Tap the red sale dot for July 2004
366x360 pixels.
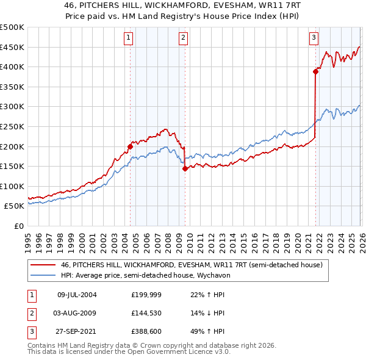click(x=130, y=146)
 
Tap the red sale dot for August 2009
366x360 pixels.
click(x=184, y=169)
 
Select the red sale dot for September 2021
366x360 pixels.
click(x=315, y=71)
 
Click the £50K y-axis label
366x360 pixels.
click(x=15, y=206)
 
